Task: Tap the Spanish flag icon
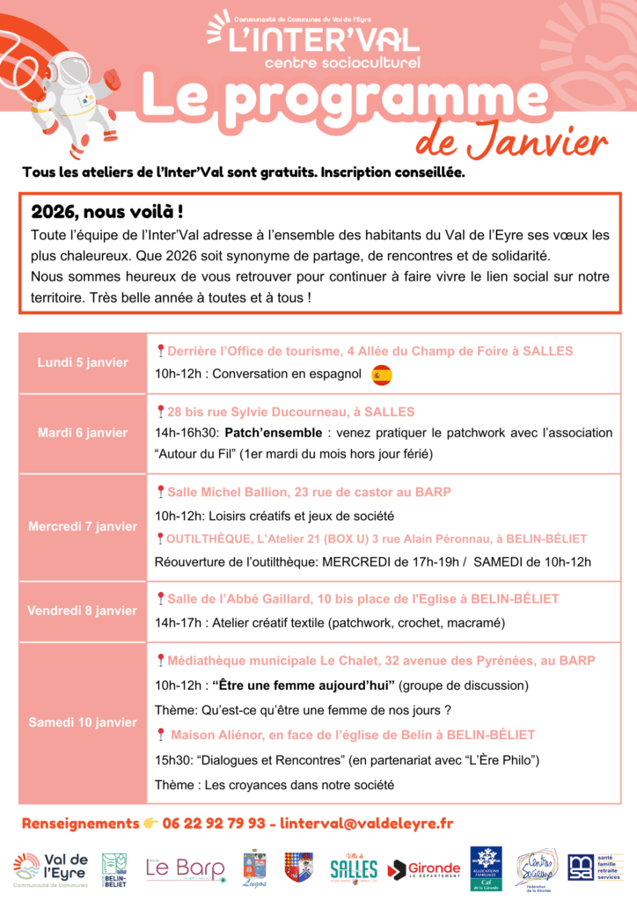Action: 381,375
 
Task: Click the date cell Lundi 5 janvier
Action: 83,363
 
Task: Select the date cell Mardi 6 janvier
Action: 83,432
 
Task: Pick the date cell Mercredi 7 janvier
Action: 83,526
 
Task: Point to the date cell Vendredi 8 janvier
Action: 83,611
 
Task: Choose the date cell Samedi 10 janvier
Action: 83,722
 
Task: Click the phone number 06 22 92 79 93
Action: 214,824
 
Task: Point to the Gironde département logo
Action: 424,868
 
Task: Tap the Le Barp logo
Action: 185,868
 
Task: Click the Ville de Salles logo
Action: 354,868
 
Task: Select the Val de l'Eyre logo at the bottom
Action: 50,868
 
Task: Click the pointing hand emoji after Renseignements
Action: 150,824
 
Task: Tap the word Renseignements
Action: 80,824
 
